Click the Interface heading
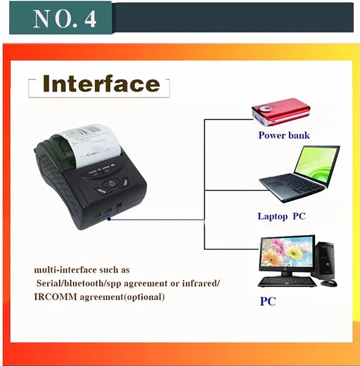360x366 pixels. [x=101, y=84]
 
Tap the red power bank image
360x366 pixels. [x=280, y=111]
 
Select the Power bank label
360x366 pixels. [x=284, y=136]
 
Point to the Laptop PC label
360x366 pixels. [x=281, y=216]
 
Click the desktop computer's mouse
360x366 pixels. [x=329, y=283]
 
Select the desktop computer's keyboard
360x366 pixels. [x=287, y=282]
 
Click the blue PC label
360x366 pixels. [x=268, y=302]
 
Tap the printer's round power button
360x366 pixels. [x=111, y=184]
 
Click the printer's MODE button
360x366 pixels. [x=102, y=191]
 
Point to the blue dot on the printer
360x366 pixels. [x=109, y=219]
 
